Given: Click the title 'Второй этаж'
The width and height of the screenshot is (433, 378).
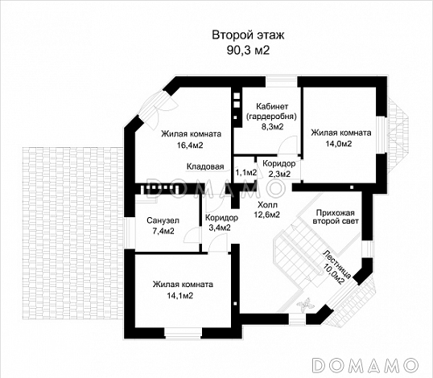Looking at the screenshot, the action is pyautogui.click(x=248, y=35).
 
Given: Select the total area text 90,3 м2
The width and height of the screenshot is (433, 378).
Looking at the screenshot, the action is pyautogui.click(x=248, y=51).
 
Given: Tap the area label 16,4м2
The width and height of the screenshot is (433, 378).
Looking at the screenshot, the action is pyautogui.click(x=190, y=145).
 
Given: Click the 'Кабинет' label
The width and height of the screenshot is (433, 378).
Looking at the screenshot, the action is pyautogui.click(x=272, y=106).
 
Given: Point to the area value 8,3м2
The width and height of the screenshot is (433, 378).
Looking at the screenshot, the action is pyautogui.click(x=272, y=126).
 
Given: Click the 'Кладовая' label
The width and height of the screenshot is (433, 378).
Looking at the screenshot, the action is pyautogui.click(x=205, y=166).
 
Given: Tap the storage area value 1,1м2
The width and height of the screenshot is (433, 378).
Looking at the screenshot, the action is pyautogui.click(x=245, y=173).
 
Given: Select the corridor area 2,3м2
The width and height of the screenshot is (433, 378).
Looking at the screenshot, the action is pyautogui.click(x=279, y=174).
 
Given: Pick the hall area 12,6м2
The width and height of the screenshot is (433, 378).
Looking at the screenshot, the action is pyautogui.click(x=266, y=215).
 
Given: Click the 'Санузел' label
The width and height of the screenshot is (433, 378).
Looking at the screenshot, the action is pyautogui.click(x=163, y=220).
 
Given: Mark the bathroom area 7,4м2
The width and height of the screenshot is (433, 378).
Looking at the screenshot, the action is pyautogui.click(x=163, y=231).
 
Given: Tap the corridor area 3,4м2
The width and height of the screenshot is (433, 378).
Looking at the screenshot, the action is pyautogui.click(x=220, y=228).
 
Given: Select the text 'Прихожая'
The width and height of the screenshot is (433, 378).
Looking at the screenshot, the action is pyautogui.click(x=335, y=213).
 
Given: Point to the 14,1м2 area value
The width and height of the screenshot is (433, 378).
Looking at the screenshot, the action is pyautogui.click(x=179, y=296).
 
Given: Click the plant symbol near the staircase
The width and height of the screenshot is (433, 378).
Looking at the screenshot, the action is pyautogui.click(x=305, y=305).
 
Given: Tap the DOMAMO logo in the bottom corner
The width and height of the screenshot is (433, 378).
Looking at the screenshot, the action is pyautogui.click(x=365, y=365).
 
